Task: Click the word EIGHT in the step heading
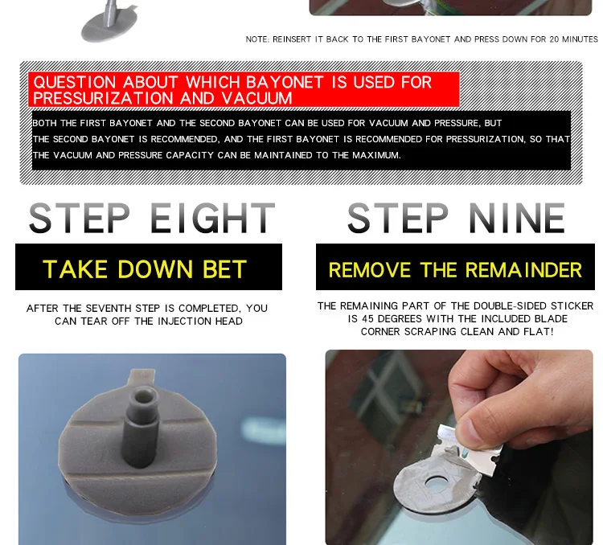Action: tap(212, 219)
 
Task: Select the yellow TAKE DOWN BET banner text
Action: tap(145, 269)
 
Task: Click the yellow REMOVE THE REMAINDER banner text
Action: tap(455, 270)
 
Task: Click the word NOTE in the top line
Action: tap(256, 39)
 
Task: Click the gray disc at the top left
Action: tap(109, 21)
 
